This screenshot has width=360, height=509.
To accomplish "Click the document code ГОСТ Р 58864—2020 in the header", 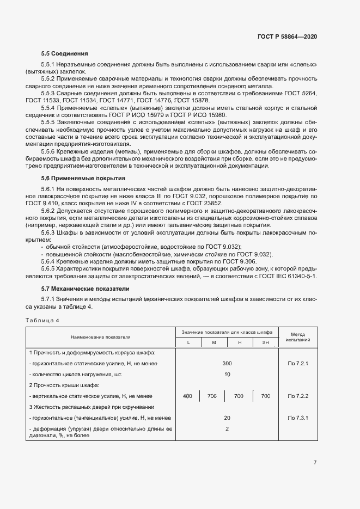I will [287, 36].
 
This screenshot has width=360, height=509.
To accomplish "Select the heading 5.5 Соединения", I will [64, 54].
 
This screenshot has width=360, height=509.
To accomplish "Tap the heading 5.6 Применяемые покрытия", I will [83, 178].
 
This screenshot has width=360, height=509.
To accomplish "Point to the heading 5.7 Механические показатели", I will [86, 288].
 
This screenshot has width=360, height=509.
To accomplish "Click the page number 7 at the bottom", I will [315, 462].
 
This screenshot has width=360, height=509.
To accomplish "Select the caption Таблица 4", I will [42, 320].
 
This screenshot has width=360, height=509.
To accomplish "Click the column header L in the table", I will [188, 342].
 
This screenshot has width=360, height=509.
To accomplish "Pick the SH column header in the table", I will [265, 342].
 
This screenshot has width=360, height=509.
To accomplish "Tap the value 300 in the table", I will [227, 363].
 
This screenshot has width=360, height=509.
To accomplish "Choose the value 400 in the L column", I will [188, 396].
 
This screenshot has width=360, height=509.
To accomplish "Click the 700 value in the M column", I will [213, 396].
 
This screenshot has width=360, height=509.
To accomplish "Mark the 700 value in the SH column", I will [265, 396].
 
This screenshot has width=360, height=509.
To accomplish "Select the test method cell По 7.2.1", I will [298, 363].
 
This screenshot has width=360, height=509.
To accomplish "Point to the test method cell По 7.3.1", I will [298, 418].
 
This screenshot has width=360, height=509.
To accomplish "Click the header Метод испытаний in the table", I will [298, 336].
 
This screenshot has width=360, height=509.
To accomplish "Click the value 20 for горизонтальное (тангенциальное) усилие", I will [227, 418].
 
